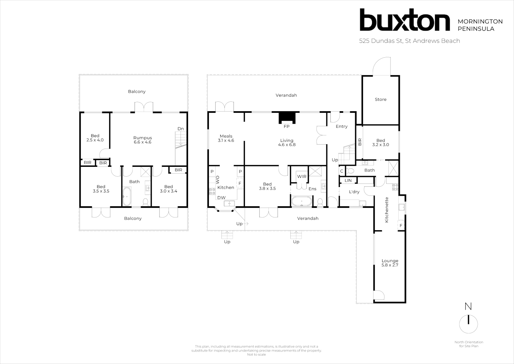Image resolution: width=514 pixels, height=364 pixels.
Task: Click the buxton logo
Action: pyautogui.click(x=405, y=20)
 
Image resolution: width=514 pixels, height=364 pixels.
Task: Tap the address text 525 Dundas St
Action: pyautogui.click(x=409, y=41)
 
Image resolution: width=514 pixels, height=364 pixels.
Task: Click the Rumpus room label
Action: pyautogui.click(x=143, y=140)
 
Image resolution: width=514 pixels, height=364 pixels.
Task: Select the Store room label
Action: pyautogui.click(x=380, y=99)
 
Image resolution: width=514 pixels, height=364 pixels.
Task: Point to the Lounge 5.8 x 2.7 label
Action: pyautogui.click(x=390, y=263)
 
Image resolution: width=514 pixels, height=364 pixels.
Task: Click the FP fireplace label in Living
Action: pyautogui.click(x=287, y=127)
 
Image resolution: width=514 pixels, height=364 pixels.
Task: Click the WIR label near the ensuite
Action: pyautogui.click(x=302, y=177)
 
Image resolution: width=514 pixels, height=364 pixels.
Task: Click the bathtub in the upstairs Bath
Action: pyautogui.click(x=127, y=196)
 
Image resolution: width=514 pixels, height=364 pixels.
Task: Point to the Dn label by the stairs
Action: pyautogui.click(x=181, y=129)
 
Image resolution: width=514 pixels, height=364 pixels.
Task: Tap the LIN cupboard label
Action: pyautogui.click(x=348, y=181)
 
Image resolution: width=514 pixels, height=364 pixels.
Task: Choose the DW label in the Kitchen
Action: pyautogui.click(x=221, y=198)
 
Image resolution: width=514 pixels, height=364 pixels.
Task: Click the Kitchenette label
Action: pyautogui.click(x=387, y=210)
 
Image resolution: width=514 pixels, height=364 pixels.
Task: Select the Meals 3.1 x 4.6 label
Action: pyautogui.click(x=226, y=138)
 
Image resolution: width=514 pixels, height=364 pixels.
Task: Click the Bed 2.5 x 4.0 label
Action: pyautogui.click(x=95, y=138)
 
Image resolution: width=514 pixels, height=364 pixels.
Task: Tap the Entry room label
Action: pyautogui.click(x=341, y=126)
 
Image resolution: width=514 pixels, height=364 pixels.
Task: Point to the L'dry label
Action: pyautogui.click(x=354, y=192)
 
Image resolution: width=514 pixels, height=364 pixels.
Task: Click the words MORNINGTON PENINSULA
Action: pyautogui.click(x=480, y=25)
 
